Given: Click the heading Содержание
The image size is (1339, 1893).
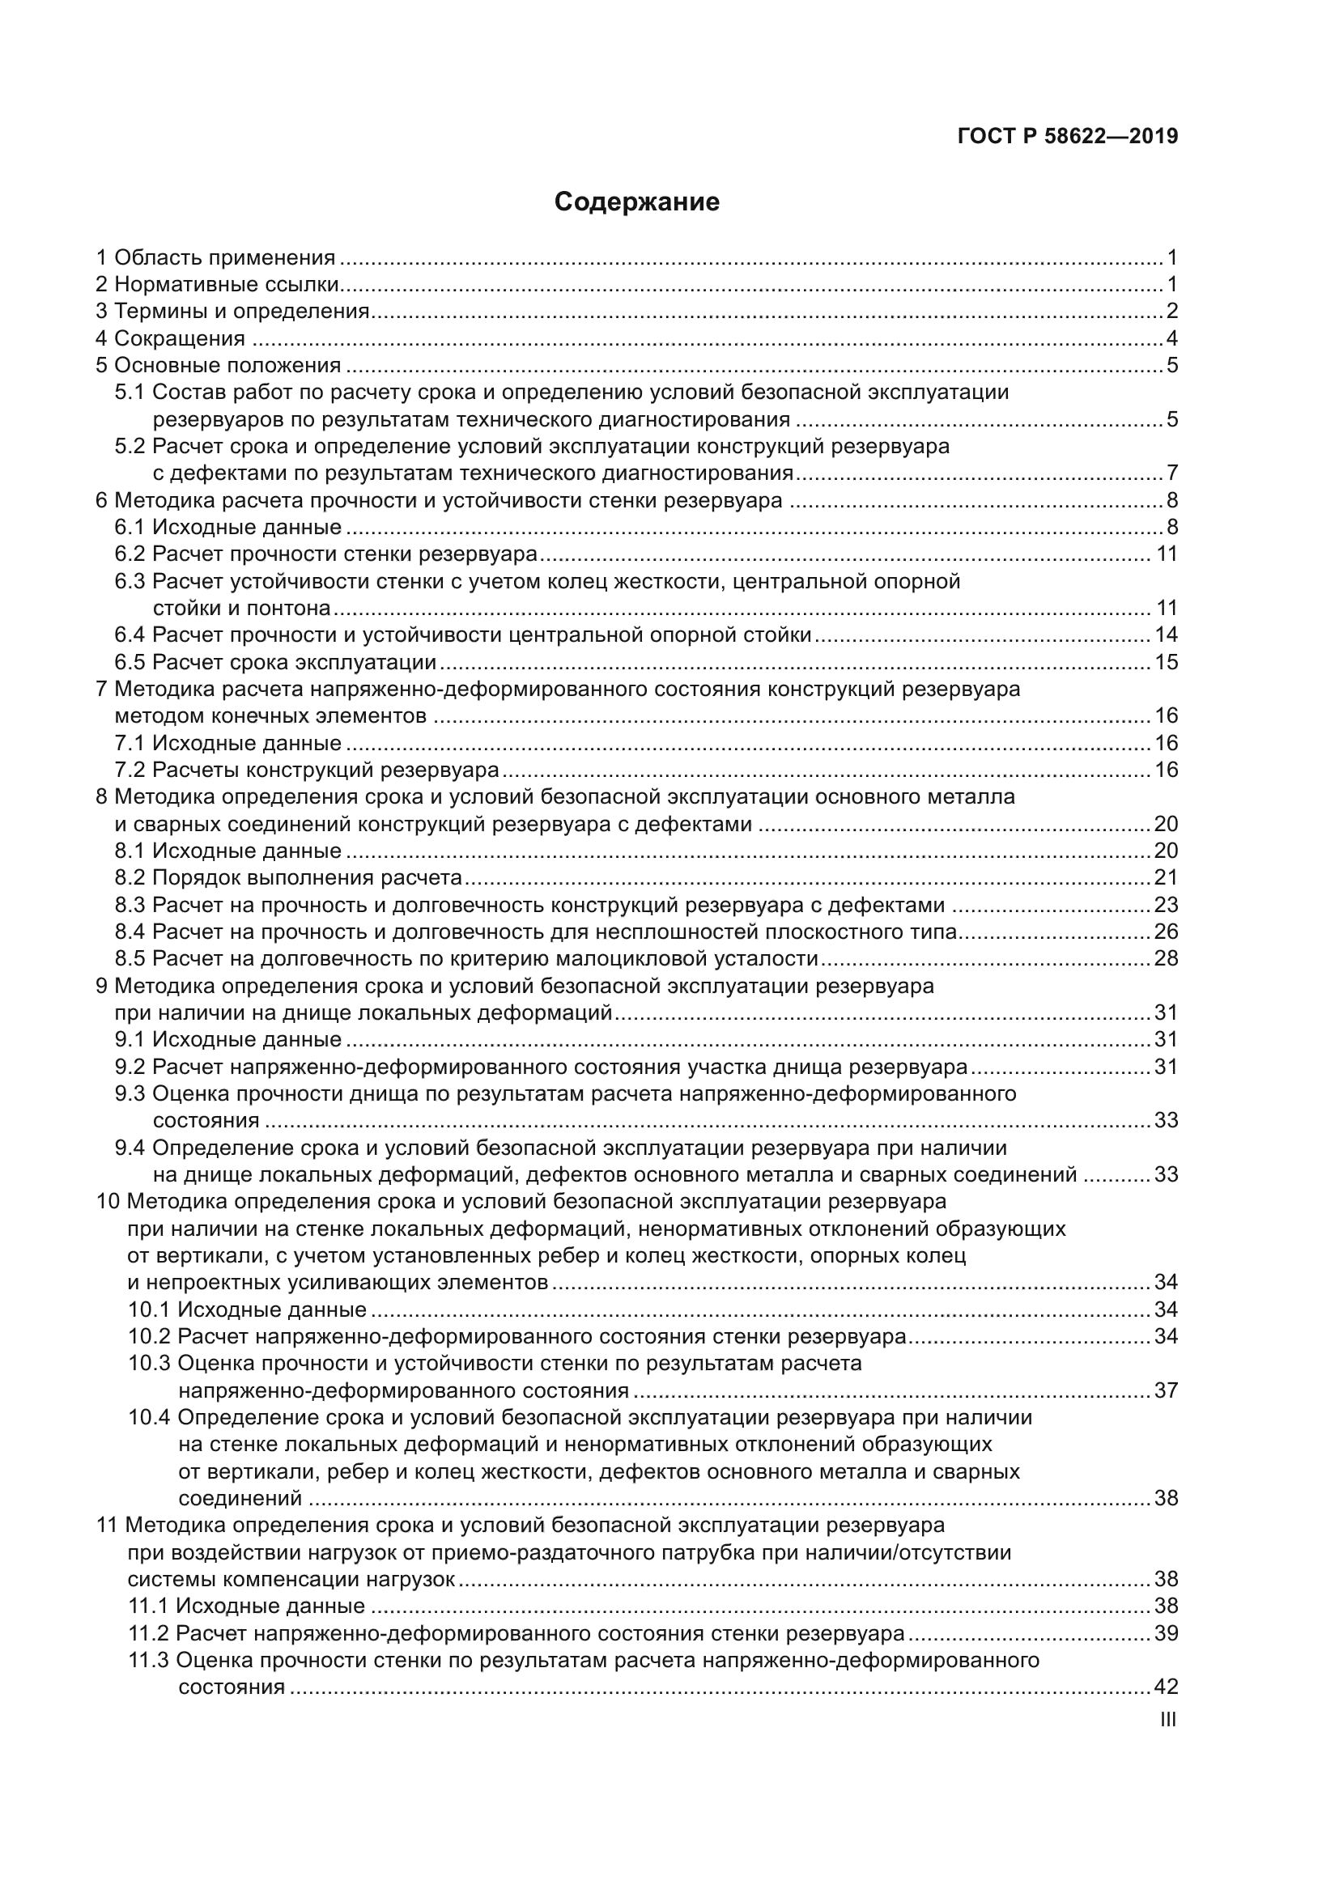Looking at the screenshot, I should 636,202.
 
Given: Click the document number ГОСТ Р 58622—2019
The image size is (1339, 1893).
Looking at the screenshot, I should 1068,136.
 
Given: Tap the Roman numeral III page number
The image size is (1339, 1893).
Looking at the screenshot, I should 1167,1720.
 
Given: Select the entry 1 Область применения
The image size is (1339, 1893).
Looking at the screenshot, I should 216,258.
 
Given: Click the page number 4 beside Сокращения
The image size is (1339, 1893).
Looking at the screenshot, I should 1171,339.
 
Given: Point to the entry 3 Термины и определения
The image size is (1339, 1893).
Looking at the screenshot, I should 232,312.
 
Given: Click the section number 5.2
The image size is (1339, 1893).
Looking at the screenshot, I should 130,447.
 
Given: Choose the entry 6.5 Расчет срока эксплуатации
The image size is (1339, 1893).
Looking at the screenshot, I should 275,662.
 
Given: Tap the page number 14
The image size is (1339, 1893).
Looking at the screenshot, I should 1166,635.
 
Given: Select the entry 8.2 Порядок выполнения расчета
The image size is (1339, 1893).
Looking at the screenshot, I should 288,877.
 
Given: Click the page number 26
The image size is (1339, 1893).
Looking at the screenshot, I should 1166,932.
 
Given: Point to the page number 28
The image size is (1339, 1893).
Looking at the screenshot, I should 1166,958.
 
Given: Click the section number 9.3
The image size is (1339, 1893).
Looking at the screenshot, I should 130,1094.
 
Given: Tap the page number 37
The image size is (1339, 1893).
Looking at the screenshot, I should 1166,1391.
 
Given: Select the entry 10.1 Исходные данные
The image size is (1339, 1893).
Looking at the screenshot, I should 248,1310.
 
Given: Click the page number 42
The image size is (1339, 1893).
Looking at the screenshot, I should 1166,1687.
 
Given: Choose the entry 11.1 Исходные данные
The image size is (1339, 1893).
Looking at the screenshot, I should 247,1606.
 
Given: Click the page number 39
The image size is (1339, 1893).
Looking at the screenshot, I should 1166,1633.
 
